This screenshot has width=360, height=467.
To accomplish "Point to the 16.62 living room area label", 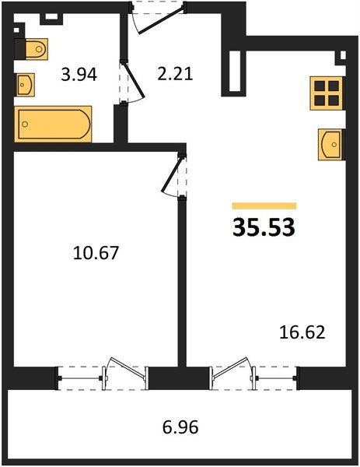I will pyautogui.click(x=301, y=334).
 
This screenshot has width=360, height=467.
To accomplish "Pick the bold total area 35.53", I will pyautogui.click(x=264, y=229).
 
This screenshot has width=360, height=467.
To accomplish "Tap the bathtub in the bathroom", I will pyautogui.click(x=54, y=123).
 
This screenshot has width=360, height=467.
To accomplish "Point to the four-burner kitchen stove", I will pyautogui.click(x=325, y=91).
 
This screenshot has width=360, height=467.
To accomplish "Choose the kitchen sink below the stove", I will pyautogui.click(x=329, y=143).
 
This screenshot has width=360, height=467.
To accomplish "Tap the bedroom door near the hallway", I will pyautogui.click(x=173, y=177).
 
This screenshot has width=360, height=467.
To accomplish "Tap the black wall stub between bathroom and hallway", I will pyautogui.click(x=121, y=123).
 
